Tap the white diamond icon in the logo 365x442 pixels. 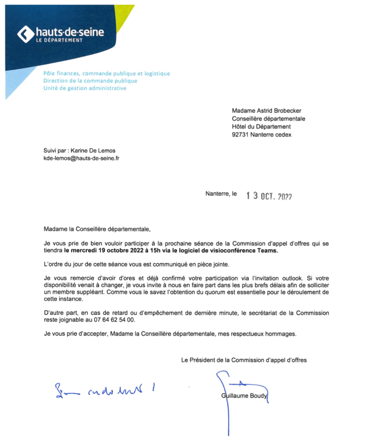point(25,34)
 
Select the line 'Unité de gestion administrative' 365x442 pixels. point(85,88)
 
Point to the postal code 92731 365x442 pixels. point(240,134)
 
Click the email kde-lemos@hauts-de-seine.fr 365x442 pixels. point(81,158)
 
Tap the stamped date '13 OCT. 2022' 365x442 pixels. point(269,196)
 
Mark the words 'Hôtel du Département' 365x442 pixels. point(261,126)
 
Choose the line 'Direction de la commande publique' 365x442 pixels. point(90,81)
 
